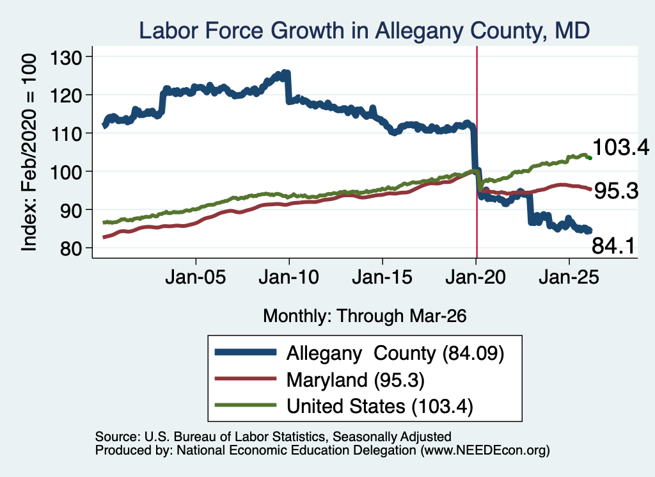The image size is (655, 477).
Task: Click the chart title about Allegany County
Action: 364,31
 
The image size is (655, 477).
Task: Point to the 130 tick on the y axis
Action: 66,57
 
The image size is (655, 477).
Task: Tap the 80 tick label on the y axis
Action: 71,248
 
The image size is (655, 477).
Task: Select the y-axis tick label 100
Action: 66,172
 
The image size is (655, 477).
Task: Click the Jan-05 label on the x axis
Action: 196,277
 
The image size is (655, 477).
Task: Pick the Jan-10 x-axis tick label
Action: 288,277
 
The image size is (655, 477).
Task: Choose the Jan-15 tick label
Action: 383,277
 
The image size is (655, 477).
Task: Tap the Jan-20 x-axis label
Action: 476,277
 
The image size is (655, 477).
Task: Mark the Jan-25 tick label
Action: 569,277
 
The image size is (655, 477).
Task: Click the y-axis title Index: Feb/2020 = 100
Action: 29,152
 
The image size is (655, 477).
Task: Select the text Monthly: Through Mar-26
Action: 365,316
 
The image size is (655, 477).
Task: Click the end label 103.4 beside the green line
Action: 620,147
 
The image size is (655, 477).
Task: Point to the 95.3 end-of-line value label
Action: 616,191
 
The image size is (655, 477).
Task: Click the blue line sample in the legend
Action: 246,352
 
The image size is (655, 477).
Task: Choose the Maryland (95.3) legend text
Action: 356,380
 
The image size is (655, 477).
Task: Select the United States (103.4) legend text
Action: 380,407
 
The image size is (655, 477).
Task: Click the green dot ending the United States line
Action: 590,158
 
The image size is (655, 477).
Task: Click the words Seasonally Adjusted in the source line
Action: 392,437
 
